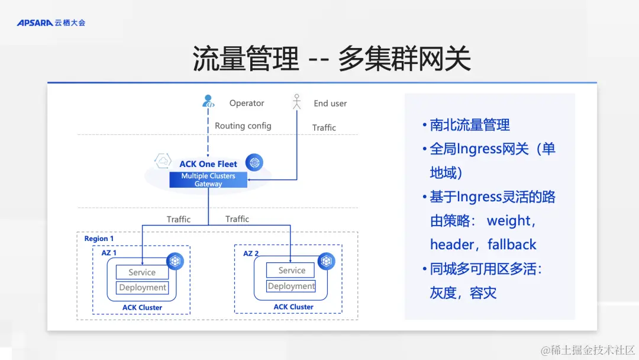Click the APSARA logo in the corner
coord(51,22)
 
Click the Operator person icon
coord(208,102)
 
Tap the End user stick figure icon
coord(297,102)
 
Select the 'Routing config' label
coord(243,126)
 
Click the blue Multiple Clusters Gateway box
coord(208,180)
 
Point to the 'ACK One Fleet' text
coord(208,164)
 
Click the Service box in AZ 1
coord(142,272)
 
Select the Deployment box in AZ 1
coord(143,288)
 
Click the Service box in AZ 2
coord(292,271)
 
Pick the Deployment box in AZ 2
coord(291,286)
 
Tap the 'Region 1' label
coord(99,239)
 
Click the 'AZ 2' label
coord(251,253)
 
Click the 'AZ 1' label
coord(109,253)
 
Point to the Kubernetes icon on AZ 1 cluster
coord(175,261)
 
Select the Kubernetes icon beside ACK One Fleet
coord(254,162)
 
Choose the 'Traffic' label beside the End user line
coord(324,128)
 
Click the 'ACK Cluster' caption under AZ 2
coord(293,307)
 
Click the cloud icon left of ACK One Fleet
coord(163,161)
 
